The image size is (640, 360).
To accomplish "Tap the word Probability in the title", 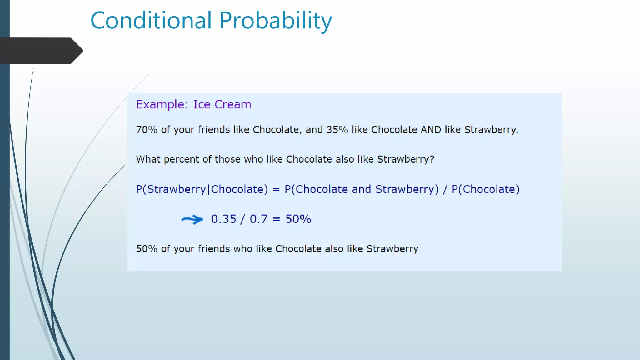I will click(276, 21).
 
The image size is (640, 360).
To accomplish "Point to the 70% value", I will click(147, 129).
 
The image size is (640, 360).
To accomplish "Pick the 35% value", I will click(337, 129).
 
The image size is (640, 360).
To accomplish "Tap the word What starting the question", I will click(148, 159).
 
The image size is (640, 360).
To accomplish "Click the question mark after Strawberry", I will click(432, 159).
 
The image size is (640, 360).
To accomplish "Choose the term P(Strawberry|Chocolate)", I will click(202, 189).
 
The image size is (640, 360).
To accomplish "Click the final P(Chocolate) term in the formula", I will click(485, 189).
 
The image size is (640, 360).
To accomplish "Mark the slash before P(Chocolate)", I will click(445, 189).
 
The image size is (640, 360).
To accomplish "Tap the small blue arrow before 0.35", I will click(192, 219).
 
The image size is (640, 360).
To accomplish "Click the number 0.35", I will click(223, 219).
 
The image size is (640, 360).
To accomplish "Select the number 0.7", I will click(258, 219).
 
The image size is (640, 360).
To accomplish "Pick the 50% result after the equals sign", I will click(298, 219).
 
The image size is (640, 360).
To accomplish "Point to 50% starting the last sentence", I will click(147, 249).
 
